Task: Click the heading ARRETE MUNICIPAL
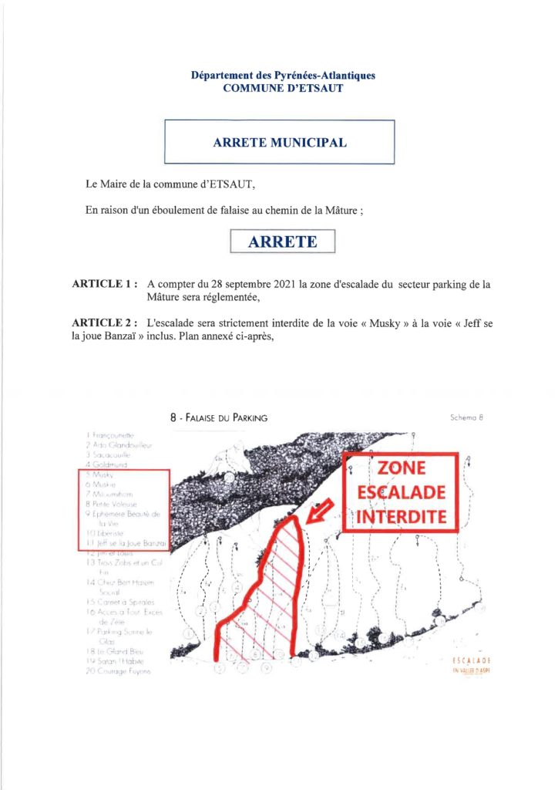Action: tap(280, 143)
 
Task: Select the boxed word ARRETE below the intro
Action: tap(283, 241)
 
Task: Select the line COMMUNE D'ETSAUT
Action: tap(283, 88)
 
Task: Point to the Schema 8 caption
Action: tap(466, 417)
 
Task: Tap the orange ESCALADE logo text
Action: tap(472, 661)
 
